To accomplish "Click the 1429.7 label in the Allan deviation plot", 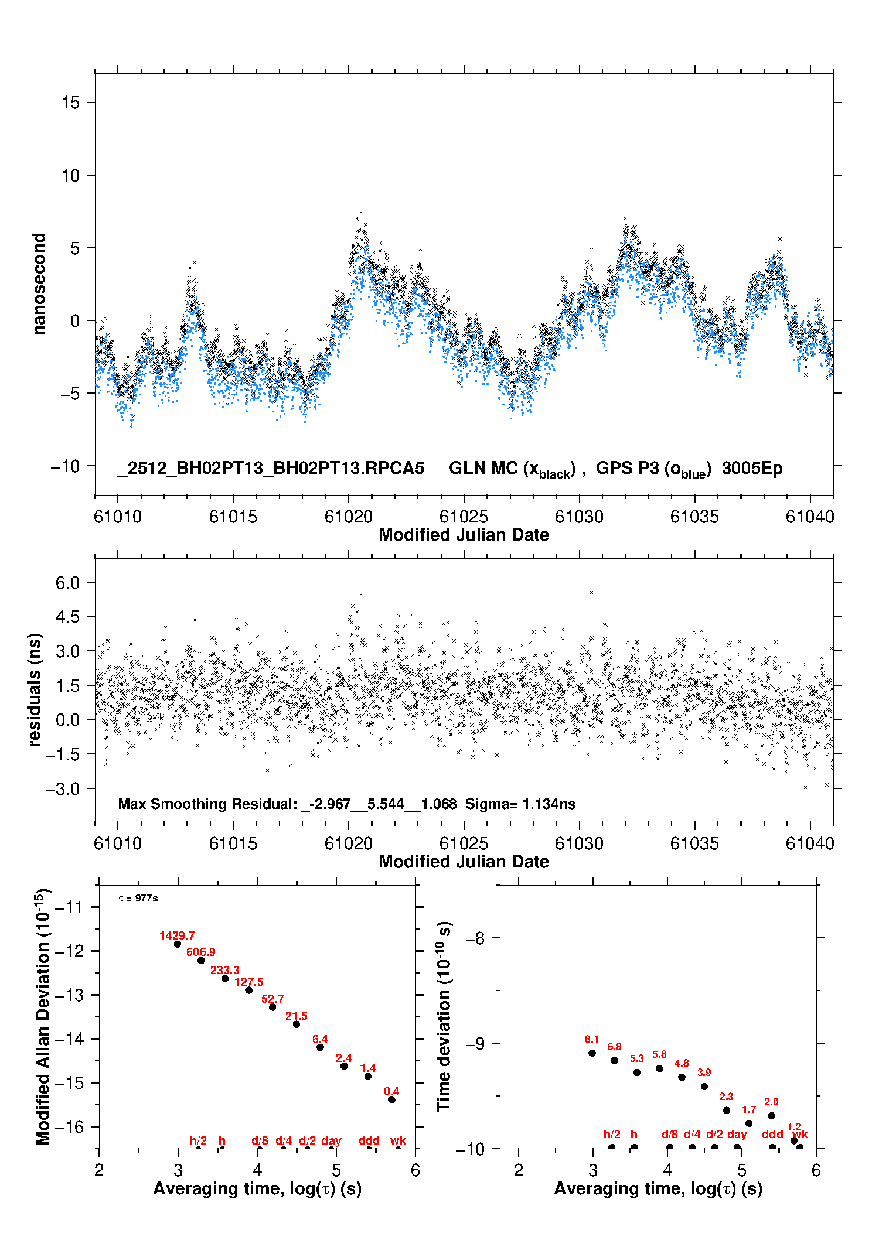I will click(x=177, y=935).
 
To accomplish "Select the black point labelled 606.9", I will click(x=201, y=961).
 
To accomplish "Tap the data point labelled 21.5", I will click(x=297, y=1024).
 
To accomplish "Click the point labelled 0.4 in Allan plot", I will click(x=391, y=1099).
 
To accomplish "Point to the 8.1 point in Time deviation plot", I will click(x=592, y=1053).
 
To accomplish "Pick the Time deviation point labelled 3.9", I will click(x=704, y=1087).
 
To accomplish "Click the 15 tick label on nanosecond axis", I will click(x=70, y=103).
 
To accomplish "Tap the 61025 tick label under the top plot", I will click(x=464, y=517).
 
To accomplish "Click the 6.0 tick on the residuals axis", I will click(x=67, y=583).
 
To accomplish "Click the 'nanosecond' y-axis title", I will click(x=39, y=284).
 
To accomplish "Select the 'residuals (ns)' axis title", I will click(x=35, y=689).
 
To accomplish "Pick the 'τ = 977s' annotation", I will click(x=138, y=899).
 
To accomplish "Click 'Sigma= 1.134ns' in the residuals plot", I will click(x=520, y=804).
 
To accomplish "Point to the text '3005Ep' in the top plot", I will click(x=752, y=469).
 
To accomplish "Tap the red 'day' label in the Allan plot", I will click(x=331, y=1140).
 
